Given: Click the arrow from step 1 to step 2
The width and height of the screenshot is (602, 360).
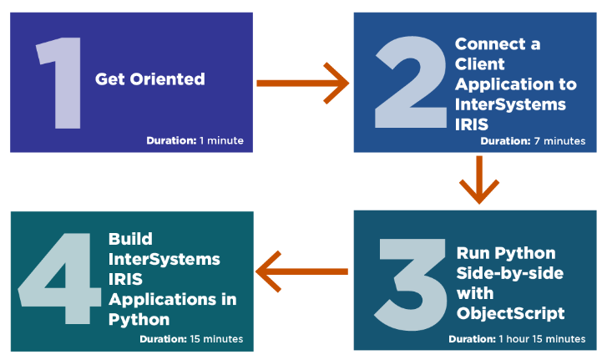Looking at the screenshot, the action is [x=302, y=84].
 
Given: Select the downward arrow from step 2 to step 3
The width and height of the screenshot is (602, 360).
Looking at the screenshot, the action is [x=479, y=180].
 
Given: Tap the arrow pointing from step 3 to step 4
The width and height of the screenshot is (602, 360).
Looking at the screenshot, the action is [x=301, y=271].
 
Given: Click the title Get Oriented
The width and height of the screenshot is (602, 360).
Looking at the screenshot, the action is [x=149, y=79].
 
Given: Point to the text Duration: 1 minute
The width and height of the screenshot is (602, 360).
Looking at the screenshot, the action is [x=195, y=140].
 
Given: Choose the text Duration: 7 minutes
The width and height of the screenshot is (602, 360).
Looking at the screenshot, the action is [x=533, y=141].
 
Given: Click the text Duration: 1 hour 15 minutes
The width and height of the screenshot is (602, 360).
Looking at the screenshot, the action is [x=517, y=339].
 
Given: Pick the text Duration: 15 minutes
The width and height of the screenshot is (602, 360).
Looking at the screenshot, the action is [x=191, y=339].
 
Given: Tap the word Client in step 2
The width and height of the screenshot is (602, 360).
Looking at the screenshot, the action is [x=479, y=63].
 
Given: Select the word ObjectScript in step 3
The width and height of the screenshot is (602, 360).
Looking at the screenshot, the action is [x=511, y=313].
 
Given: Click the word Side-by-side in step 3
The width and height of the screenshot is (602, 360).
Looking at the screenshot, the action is [x=510, y=273].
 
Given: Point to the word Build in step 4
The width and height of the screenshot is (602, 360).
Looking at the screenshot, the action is [x=130, y=239].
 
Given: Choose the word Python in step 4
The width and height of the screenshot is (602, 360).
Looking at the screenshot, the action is [x=139, y=320].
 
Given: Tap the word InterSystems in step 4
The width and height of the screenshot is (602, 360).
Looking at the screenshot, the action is [x=164, y=259].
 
